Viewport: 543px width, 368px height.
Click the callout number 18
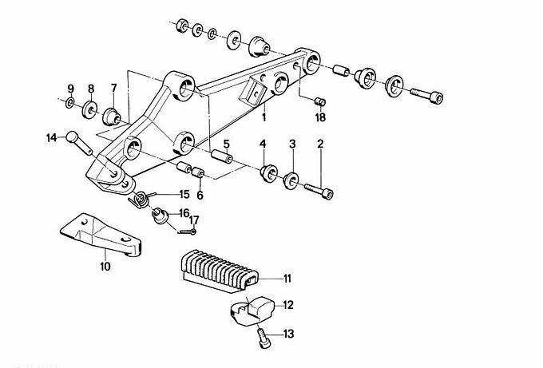320,117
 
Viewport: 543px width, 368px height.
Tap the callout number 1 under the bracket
264,117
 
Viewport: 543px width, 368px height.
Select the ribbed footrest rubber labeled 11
220,271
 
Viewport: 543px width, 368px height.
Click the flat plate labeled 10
101,235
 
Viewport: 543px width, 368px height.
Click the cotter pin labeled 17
188,231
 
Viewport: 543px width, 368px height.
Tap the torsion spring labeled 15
141,200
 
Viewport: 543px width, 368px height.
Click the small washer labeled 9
70,102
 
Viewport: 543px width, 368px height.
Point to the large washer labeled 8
89,109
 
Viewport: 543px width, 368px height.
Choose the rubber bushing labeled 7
111,117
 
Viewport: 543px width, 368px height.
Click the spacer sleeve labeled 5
222,157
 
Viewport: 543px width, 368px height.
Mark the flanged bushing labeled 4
268,173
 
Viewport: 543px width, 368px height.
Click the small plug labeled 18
320,102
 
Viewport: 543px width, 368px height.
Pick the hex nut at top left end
183,26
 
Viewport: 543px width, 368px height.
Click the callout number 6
200,196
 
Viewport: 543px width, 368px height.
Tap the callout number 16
184,212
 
